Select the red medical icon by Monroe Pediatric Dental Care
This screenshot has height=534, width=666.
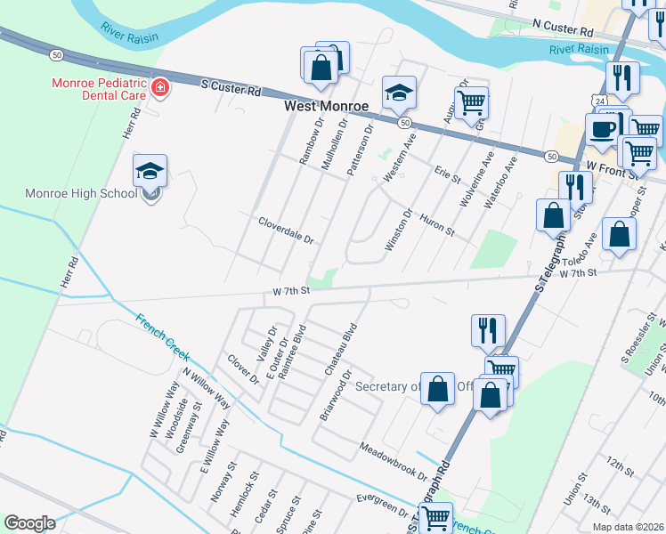(160, 87)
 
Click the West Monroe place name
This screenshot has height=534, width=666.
(326, 106)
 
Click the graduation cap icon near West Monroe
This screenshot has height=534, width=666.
(400, 92)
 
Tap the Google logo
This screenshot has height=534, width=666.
(29, 523)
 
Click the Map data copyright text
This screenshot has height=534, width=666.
(626, 527)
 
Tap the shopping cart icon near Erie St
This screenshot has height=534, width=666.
(470, 101)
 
